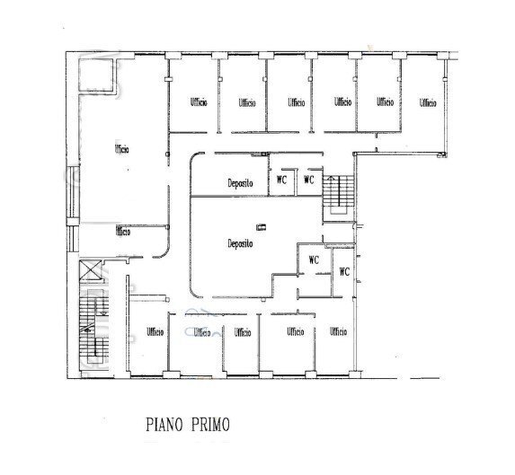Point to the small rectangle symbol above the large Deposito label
261,225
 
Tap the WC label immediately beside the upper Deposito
281,180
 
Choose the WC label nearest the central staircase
309,180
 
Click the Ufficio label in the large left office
121,148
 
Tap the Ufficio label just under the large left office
122,232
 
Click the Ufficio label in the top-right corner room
428,103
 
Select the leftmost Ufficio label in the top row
199,103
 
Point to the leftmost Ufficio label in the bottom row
155,332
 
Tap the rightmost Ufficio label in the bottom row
338,332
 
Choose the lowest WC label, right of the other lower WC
343,271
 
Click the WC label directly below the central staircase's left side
314,259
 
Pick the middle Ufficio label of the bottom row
242,332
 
